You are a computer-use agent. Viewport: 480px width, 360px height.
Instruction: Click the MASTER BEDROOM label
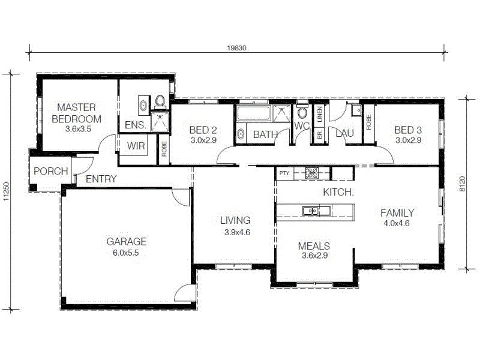tap(76, 113)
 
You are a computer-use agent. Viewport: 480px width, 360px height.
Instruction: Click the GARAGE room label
tap(126, 242)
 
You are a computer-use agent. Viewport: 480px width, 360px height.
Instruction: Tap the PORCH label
tap(50, 172)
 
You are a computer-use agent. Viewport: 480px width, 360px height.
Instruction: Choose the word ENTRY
tap(101, 179)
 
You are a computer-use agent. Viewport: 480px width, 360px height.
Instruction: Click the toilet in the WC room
tap(302, 113)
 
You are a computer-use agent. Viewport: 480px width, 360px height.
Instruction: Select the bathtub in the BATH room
tap(253, 113)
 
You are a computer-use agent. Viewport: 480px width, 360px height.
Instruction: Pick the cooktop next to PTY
tap(311, 173)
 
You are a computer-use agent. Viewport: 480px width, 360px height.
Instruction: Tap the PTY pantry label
tap(284, 173)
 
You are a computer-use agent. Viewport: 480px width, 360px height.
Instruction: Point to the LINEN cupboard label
tap(320, 113)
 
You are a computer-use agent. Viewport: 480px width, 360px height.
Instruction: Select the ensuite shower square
tap(160, 121)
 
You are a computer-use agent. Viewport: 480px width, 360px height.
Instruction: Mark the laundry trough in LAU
tap(356, 110)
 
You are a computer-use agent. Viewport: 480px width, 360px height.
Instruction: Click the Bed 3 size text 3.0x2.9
tap(407, 140)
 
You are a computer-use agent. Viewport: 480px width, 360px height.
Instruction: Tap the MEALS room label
tap(314, 246)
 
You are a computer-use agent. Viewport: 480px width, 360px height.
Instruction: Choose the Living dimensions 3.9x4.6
tap(236, 232)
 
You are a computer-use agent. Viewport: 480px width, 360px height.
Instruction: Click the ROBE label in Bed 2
tap(164, 148)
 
